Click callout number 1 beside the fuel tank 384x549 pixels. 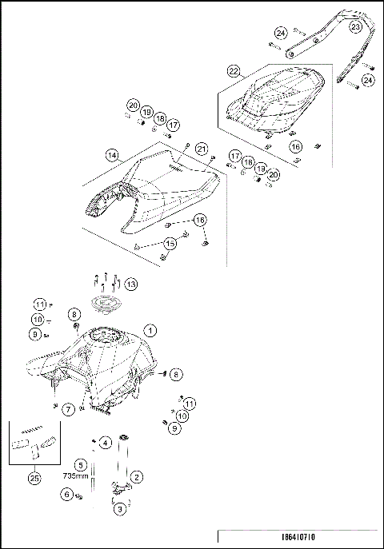(x=150, y=329)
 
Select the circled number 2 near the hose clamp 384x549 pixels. (x=137, y=477)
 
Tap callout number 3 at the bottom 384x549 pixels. (x=120, y=508)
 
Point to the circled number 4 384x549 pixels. (x=106, y=443)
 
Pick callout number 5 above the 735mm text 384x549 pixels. (x=80, y=463)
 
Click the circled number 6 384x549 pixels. (x=66, y=495)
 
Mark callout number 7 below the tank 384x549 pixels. (x=69, y=409)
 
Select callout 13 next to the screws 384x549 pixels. (x=130, y=284)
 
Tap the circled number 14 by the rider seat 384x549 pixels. (x=112, y=155)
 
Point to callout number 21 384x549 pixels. (x=202, y=149)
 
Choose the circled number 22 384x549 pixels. (x=234, y=72)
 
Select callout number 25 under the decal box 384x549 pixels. (x=33, y=478)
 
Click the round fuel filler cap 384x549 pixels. (x=107, y=304)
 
